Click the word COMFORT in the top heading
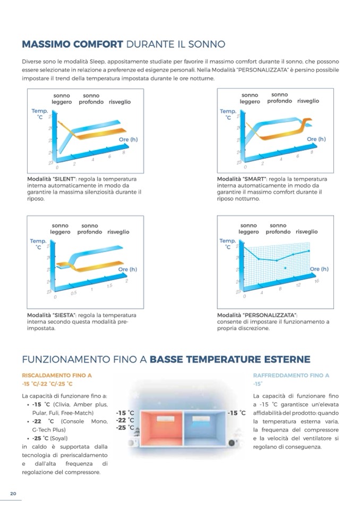96,44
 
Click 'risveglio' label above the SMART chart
308,101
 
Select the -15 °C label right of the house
236,412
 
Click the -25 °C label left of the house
125,427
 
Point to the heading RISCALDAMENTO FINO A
57,375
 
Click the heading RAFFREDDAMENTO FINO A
292,375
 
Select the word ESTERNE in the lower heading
284,359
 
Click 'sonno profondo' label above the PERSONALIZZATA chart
278,229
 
